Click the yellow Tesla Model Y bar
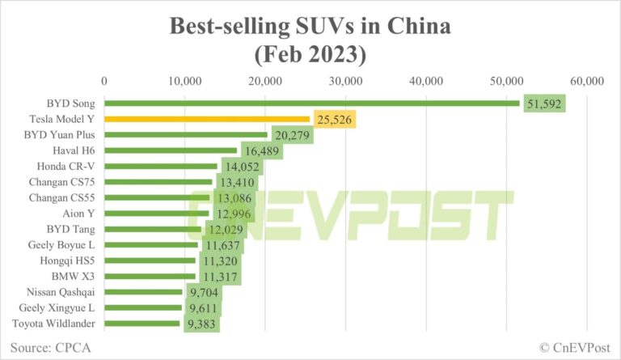pos(207,119)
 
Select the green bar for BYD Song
pos(312,103)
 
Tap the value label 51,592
pos(543,104)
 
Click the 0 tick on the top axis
pos(104,81)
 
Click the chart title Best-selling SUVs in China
pos(310,27)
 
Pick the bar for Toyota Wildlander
pos(142,324)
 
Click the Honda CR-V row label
pos(69,166)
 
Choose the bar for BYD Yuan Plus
pos(186,134)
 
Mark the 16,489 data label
pos(260,150)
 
